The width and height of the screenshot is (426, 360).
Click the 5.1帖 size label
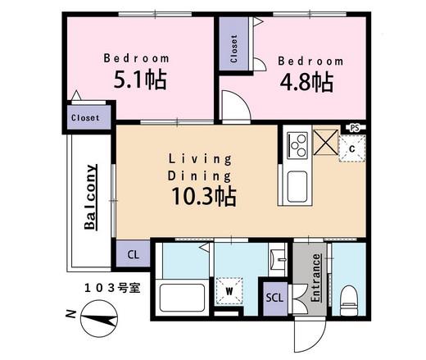pyautogui.click(x=140, y=80)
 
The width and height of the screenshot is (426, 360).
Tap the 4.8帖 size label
pyautogui.click(x=306, y=82)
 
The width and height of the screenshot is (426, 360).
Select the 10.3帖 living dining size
pyautogui.click(x=204, y=196)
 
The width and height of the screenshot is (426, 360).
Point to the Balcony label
pyautogui.click(x=90, y=197)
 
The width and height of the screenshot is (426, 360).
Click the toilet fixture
pyautogui.click(x=349, y=301)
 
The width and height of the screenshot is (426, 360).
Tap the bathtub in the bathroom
pyautogui.click(x=182, y=298)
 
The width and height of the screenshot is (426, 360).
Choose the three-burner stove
pyautogui.click(x=297, y=145)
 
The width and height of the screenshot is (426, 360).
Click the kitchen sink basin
pyautogui.click(x=297, y=186)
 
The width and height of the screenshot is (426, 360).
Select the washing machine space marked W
pyautogui.click(x=229, y=291)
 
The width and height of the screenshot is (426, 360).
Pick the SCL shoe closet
pyautogui.click(x=274, y=298)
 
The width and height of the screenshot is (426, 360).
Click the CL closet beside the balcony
pyautogui.click(x=133, y=254)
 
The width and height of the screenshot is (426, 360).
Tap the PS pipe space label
pyautogui.click(x=355, y=128)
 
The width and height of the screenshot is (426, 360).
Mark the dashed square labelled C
pyautogui.click(x=352, y=148)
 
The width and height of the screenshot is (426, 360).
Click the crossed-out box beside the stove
pyautogui.click(x=326, y=143)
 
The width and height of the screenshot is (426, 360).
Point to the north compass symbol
pyautogui.click(x=99, y=318)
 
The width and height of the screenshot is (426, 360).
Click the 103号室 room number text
pyautogui.click(x=112, y=288)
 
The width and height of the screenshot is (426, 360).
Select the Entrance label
pyautogui.click(x=316, y=278)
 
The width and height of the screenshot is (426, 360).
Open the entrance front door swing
pyautogui.click(x=310, y=335)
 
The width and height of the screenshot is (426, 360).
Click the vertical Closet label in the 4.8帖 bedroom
pyautogui.click(x=233, y=49)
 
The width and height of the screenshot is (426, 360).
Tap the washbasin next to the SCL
pyautogui.click(x=277, y=259)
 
